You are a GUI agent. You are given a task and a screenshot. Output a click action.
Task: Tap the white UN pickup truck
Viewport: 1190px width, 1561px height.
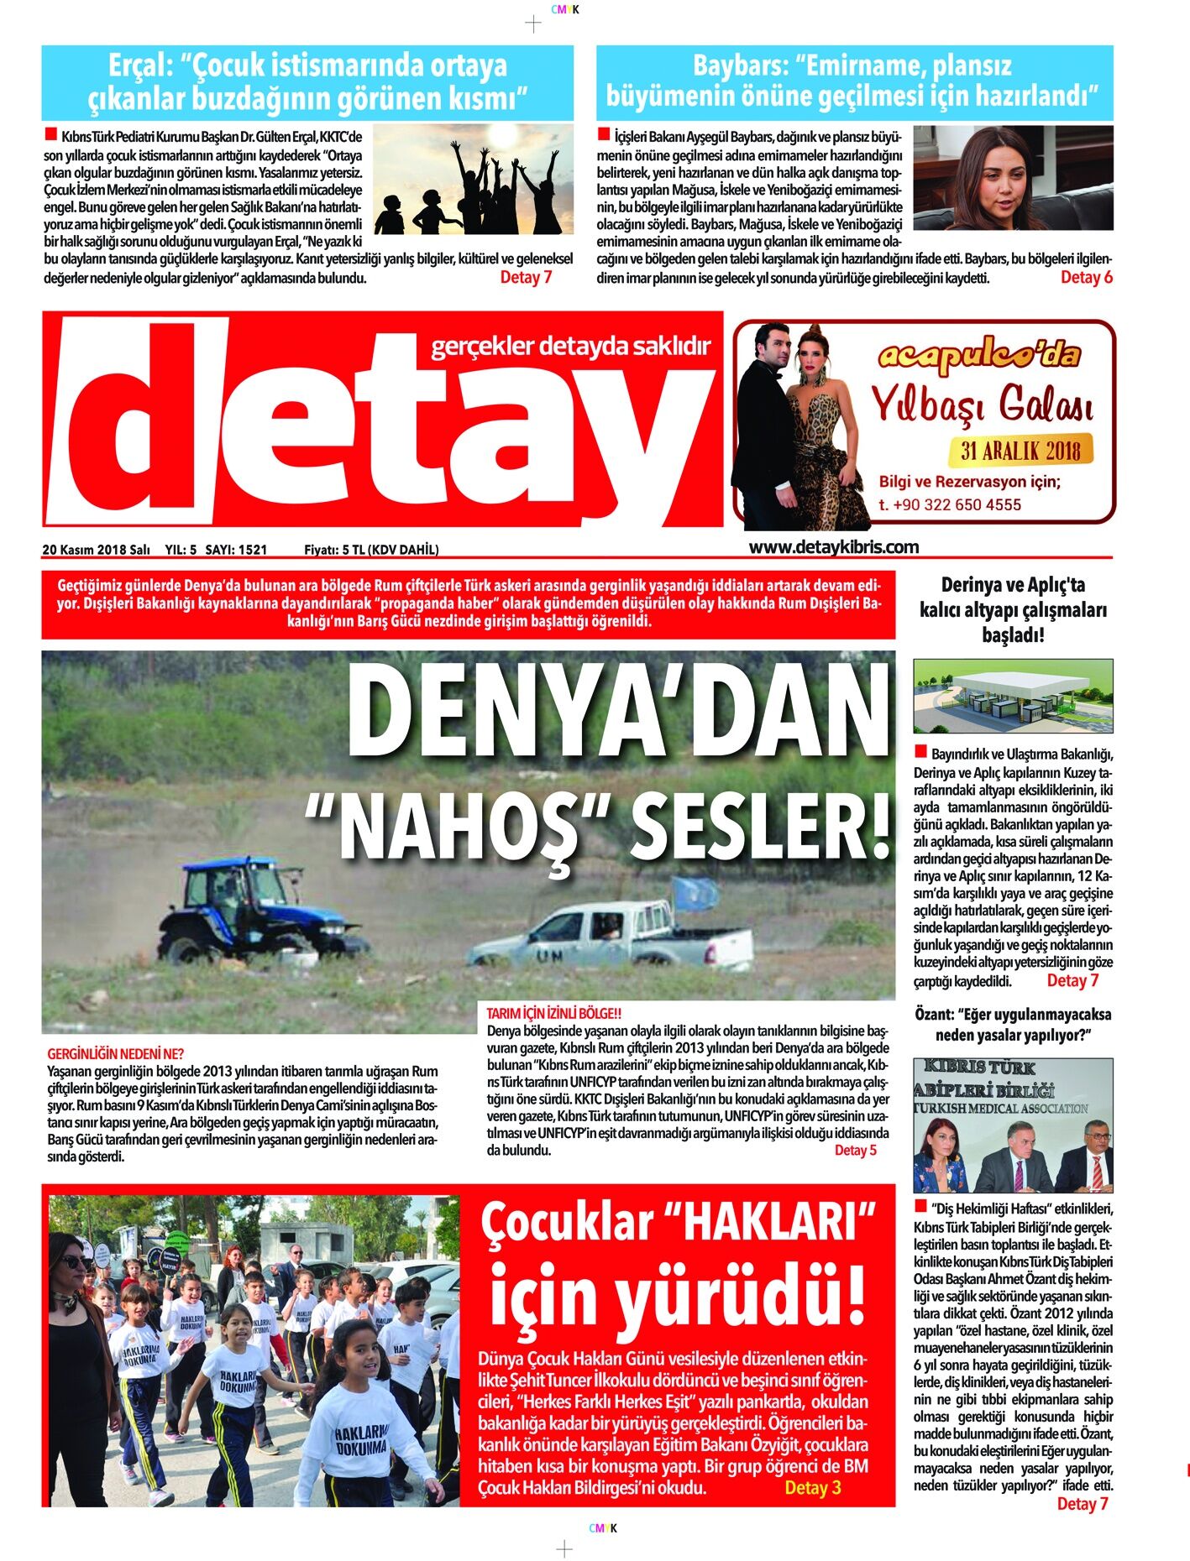609,936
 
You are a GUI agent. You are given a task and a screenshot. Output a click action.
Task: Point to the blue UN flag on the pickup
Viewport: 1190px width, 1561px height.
696,894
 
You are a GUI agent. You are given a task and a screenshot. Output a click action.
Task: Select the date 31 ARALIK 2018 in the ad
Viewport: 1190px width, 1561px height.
1020,451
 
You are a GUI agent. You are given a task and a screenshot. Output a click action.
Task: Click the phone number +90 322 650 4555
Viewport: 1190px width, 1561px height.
950,504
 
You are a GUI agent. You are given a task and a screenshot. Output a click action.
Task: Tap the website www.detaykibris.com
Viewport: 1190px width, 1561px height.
833,547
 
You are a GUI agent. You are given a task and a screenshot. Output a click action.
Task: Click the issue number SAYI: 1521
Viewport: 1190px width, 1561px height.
236,550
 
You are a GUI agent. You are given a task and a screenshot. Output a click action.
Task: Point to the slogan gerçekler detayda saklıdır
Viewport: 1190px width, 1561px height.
570,346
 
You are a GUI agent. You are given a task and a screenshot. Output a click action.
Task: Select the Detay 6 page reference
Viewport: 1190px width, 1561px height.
1086,278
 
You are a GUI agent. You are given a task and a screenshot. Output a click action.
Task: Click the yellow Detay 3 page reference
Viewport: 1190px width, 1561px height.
812,1488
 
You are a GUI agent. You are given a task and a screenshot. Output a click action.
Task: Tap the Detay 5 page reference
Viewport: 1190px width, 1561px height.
855,1150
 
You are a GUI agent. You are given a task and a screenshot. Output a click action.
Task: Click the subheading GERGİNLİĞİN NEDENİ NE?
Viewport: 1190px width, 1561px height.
115,1053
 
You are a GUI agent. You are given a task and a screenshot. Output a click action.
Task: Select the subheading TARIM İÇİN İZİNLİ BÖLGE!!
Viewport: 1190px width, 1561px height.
553,1014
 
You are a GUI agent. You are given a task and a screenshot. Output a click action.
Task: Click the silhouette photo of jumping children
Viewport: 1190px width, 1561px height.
472,180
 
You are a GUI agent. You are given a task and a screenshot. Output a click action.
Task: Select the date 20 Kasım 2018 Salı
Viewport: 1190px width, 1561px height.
96,550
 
